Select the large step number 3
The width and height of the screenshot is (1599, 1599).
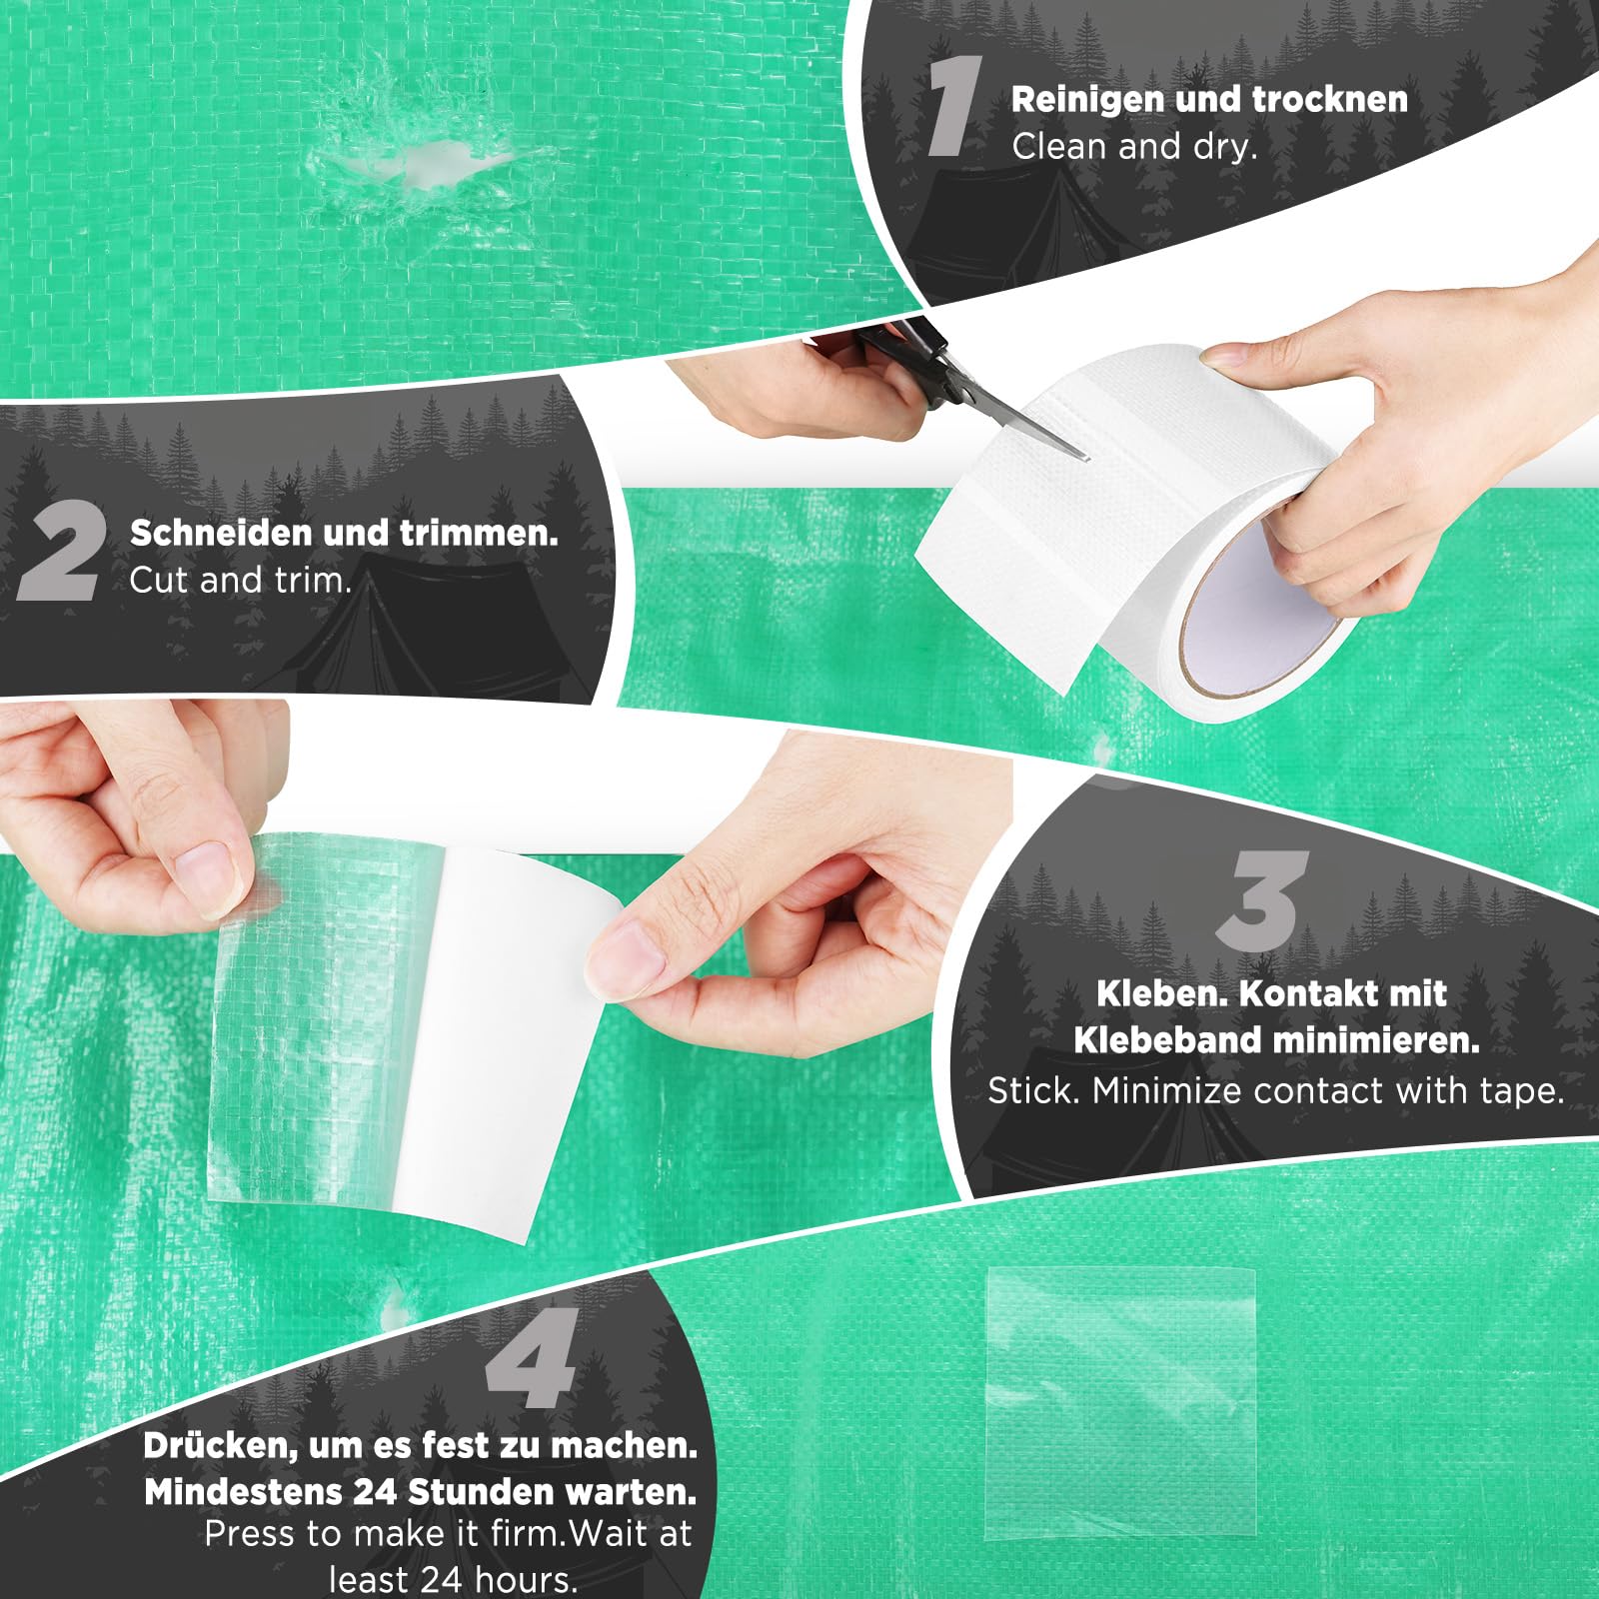pos(1263,899)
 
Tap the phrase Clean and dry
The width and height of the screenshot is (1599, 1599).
pos(1134,147)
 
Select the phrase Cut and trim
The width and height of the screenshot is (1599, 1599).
pos(241,580)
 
